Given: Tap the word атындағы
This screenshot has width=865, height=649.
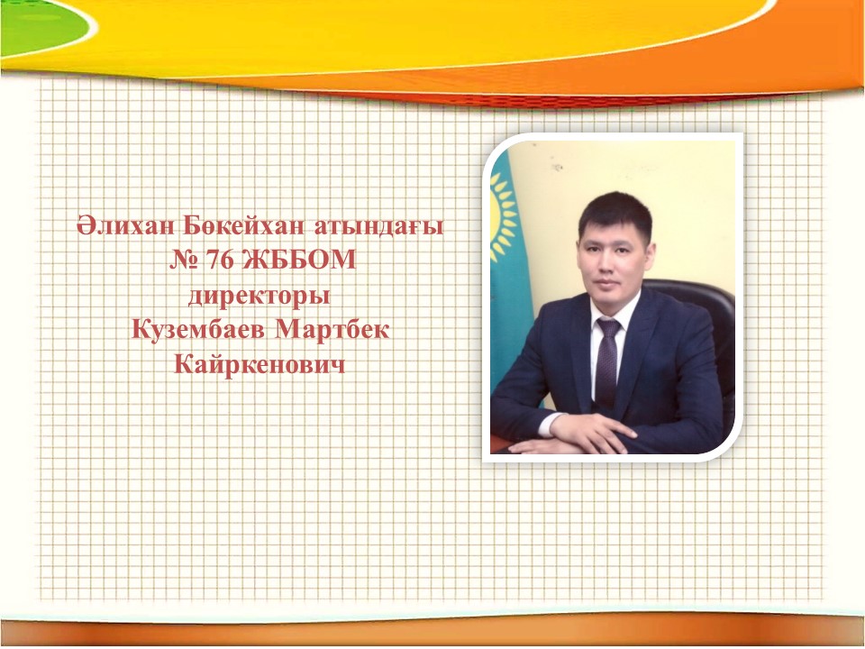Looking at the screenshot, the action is point(379,227).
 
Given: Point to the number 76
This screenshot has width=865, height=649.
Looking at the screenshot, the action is point(220,260).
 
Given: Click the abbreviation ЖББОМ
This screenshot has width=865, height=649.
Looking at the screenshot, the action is point(299,260).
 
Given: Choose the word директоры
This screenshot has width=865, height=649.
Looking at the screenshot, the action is point(259,297).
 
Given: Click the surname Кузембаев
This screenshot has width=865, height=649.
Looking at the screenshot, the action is point(200,330).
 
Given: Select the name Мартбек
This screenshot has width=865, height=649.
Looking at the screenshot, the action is point(332,330).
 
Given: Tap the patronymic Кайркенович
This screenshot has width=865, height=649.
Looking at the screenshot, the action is point(259,365).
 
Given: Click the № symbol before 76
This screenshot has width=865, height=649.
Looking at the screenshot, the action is point(184,260).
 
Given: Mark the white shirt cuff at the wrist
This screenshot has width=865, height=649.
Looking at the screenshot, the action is point(549,424).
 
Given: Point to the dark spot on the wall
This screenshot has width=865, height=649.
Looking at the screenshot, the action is point(557,166).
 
